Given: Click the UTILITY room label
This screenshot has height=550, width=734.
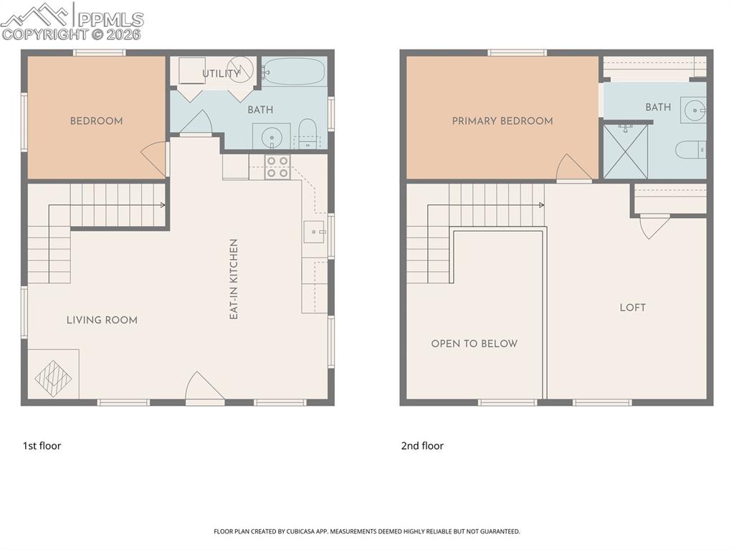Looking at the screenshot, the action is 221,74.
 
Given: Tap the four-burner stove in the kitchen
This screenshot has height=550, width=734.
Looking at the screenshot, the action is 277,167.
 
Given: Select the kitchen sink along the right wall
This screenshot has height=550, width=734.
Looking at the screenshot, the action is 314,232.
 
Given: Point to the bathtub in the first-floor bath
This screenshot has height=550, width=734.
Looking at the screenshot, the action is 293,71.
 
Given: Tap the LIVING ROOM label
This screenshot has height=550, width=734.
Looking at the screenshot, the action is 102,321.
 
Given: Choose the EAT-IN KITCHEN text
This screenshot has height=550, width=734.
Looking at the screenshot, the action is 234,279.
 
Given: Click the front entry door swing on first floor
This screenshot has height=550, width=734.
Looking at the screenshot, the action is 204,387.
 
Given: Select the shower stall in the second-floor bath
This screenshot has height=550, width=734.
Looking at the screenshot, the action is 626,151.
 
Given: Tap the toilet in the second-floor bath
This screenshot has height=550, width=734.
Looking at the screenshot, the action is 691,150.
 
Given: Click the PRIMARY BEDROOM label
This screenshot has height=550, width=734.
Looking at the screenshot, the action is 502,121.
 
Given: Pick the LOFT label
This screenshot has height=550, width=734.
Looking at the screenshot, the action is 632,308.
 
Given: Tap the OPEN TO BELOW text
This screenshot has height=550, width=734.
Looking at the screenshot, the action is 475,344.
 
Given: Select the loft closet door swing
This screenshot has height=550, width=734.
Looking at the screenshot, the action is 654,227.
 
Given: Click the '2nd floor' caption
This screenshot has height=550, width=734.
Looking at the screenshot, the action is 422,446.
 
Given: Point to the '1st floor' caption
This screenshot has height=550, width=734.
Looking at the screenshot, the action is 42,446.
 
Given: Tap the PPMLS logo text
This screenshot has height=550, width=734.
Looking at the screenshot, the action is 110,19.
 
